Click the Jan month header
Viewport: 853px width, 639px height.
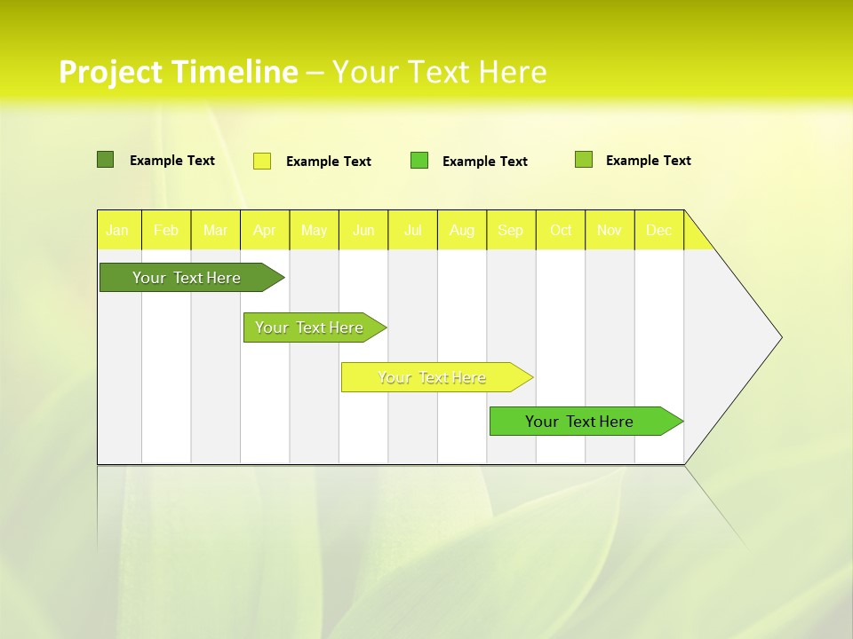(x=117, y=230)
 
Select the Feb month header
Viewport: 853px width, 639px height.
(x=166, y=230)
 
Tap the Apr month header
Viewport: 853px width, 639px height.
(x=264, y=230)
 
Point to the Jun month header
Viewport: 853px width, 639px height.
(x=363, y=230)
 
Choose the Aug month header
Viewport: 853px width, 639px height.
(x=461, y=230)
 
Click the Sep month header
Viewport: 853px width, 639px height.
(x=510, y=230)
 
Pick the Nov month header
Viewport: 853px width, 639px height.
(x=610, y=230)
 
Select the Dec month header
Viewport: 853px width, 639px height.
(x=658, y=230)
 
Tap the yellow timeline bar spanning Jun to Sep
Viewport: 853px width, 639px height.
(x=434, y=377)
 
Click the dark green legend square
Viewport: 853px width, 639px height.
(x=105, y=160)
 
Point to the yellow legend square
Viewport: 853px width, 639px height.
(x=262, y=161)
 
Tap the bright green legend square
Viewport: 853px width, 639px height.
(x=419, y=161)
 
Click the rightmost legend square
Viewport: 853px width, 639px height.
(x=584, y=160)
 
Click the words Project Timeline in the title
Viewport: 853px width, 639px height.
(x=178, y=72)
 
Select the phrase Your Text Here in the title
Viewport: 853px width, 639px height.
(x=439, y=72)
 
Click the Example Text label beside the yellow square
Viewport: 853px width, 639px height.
(x=328, y=162)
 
